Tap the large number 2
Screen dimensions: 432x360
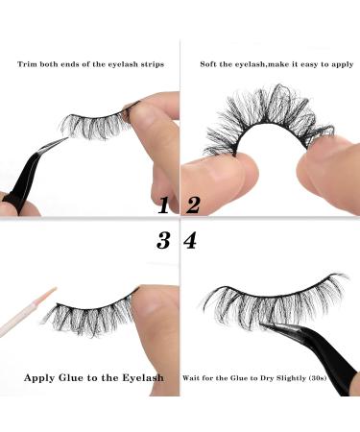[x=193, y=204]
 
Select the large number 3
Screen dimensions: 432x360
[x=163, y=240]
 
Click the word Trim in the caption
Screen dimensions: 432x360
[x=26, y=64]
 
